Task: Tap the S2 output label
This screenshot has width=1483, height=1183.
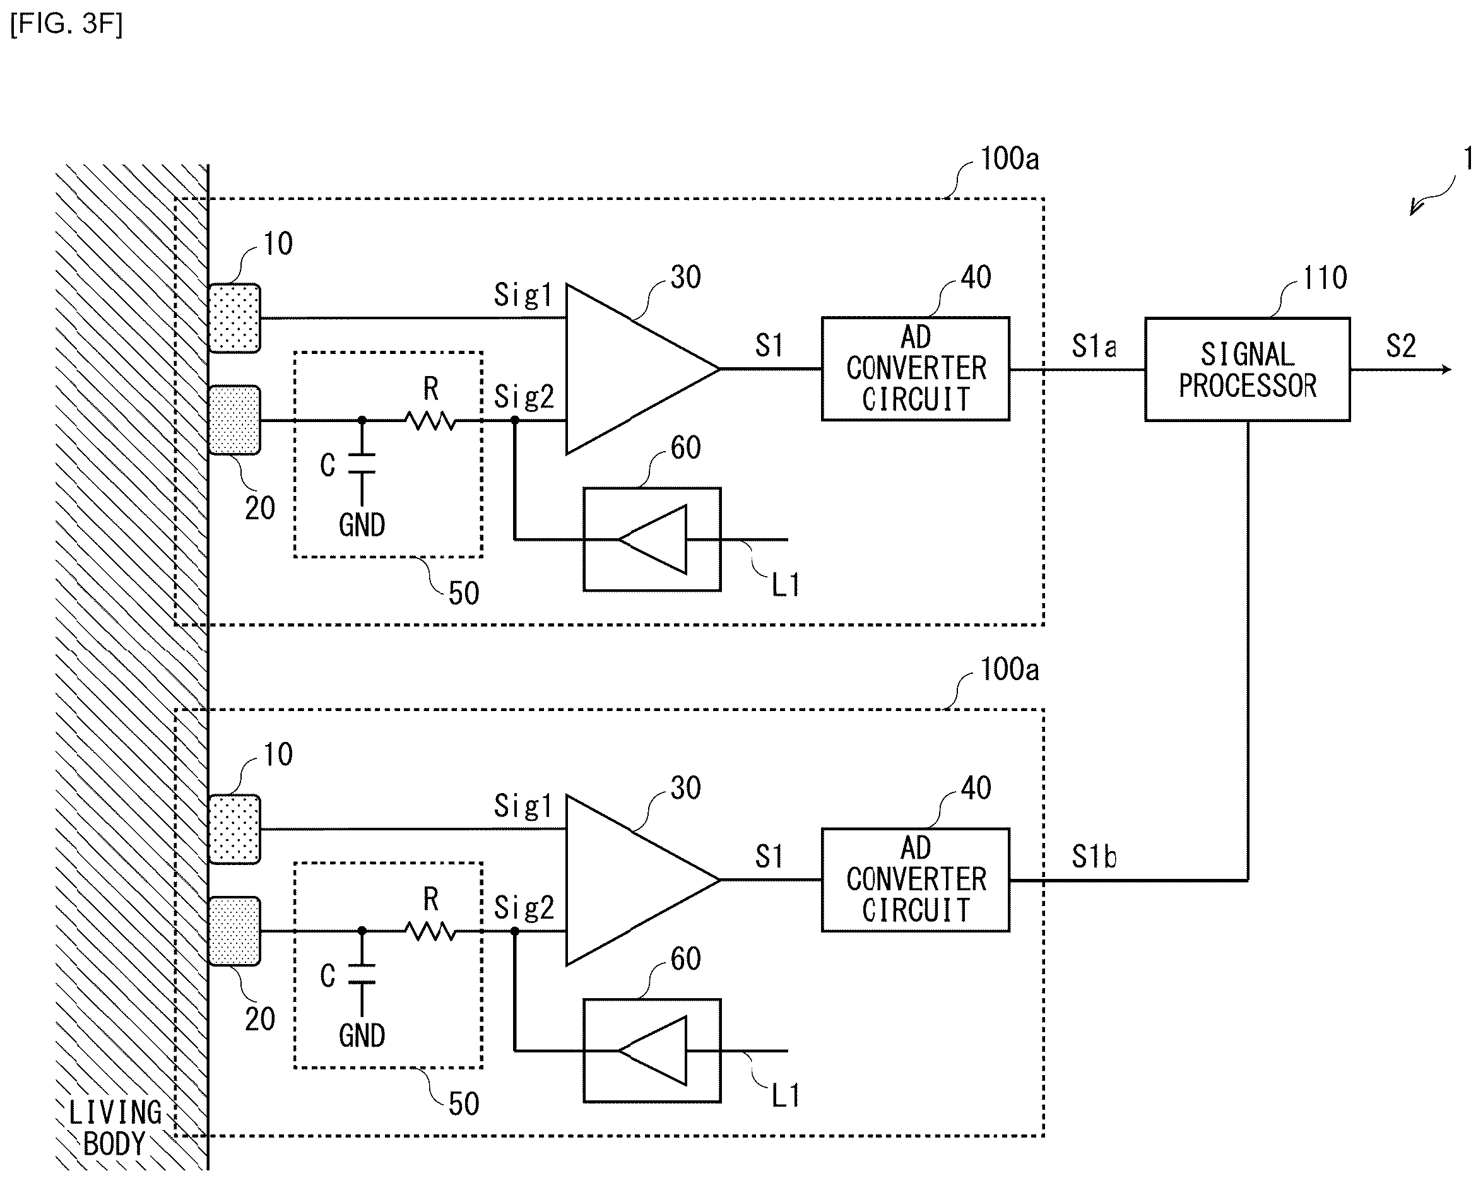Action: click(x=1400, y=345)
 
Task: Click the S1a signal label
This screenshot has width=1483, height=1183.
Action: click(x=1094, y=346)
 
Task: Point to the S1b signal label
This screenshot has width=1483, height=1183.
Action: click(x=1094, y=857)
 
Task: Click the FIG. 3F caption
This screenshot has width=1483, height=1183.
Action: click(x=67, y=24)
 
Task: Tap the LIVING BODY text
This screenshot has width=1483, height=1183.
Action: click(x=115, y=1128)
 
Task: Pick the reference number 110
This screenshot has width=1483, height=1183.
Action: click(x=1325, y=278)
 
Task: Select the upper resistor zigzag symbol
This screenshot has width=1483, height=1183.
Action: click(x=430, y=420)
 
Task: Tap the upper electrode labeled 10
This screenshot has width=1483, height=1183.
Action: click(x=235, y=318)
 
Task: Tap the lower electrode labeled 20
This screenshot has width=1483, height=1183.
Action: click(x=235, y=931)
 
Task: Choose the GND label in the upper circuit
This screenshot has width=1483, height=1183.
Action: click(x=362, y=526)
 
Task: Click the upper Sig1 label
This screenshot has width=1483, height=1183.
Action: click(x=523, y=295)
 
